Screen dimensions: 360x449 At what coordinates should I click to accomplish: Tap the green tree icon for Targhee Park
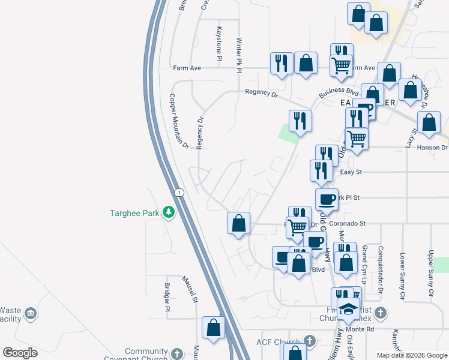(170, 212)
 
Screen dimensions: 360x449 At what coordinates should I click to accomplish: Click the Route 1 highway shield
(178, 192)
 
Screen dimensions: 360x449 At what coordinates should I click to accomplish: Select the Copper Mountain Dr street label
(178, 121)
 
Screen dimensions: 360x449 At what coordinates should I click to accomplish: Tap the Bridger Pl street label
(168, 298)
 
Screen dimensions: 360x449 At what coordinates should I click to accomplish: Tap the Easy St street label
(348, 172)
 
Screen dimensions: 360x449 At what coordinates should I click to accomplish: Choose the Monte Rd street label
(361, 329)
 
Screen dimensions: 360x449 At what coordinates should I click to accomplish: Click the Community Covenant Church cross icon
(176, 353)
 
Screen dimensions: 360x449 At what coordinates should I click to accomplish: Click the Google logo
(20, 353)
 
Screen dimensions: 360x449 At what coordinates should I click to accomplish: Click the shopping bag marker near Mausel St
(213, 328)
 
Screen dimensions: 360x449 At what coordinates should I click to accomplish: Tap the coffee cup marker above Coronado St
(327, 199)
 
